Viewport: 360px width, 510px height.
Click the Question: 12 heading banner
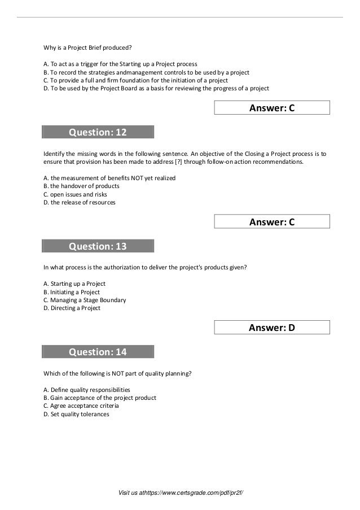(x=98, y=133)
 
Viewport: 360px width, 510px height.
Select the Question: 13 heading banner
(x=98, y=246)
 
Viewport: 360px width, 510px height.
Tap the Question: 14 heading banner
(x=98, y=352)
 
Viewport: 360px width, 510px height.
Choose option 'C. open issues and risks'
(x=75, y=194)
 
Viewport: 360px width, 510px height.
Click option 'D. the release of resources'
(x=80, y=202)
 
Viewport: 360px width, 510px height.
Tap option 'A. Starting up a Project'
(x=74, y=284)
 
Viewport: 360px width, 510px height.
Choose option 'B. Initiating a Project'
(x=71, y=292)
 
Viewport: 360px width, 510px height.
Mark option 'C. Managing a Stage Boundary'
(x=85, y=300)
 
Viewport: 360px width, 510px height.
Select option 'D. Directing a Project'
(x=72, y=308)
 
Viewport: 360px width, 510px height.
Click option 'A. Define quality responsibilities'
(x=86, y=390)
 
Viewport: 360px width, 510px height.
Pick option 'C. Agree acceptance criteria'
(x=81, y=406)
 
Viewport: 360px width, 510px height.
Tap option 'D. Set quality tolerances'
(x=76, y=414)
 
